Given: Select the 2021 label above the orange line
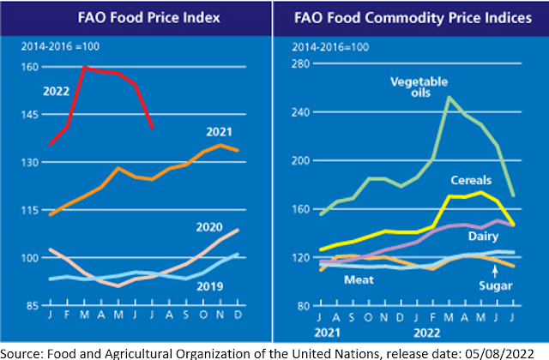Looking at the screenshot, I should coord(220,131).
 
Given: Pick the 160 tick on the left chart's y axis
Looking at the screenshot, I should coord(30,66).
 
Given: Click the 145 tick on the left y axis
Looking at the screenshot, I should coord(30,114).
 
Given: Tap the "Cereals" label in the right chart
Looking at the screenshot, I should coord(471,181).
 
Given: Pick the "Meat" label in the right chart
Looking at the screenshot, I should coord(358,279).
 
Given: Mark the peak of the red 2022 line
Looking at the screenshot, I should coord(84,67).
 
